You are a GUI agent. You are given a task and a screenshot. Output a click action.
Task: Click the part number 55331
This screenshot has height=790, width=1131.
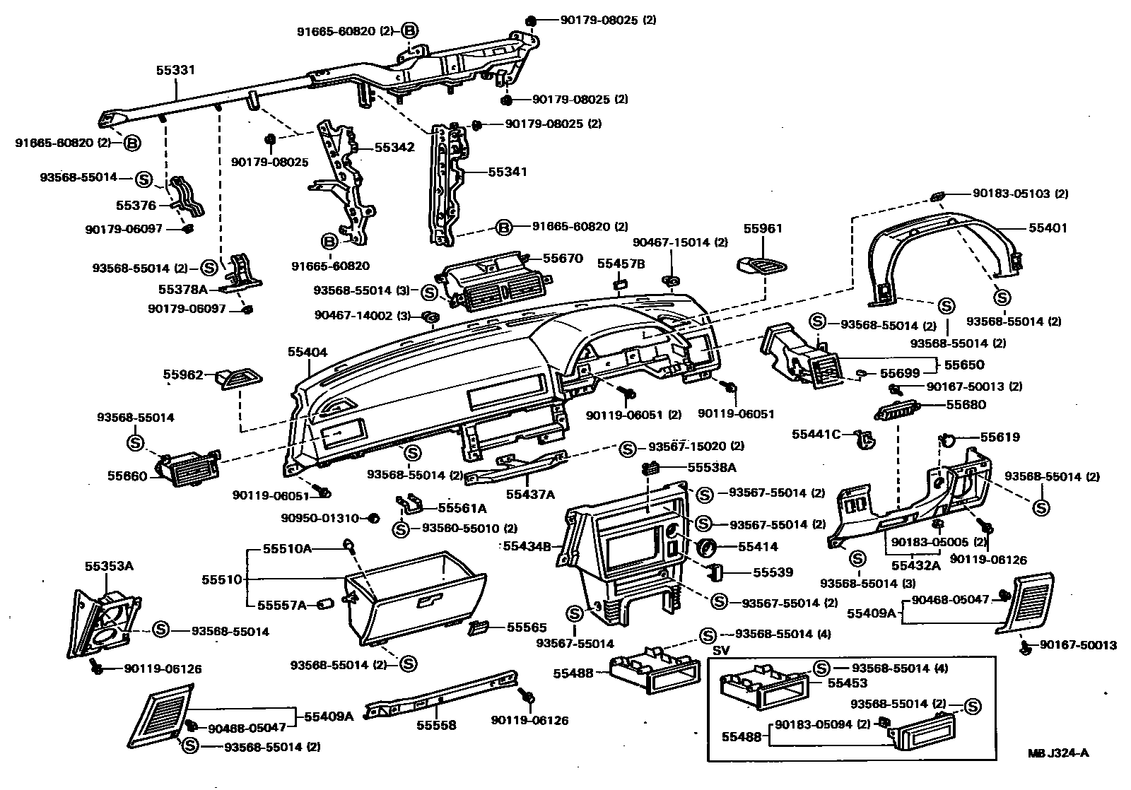[x=175, y=71]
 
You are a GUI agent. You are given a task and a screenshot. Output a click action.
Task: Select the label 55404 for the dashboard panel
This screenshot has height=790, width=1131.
[x=307, y=352]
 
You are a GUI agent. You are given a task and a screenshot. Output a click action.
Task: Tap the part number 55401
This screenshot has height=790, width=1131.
[x=1048, y=228]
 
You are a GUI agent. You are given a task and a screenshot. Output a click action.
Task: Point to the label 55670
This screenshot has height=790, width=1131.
[x=563, y=259]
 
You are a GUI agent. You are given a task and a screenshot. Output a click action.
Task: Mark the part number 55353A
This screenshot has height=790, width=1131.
[x=109, y=566]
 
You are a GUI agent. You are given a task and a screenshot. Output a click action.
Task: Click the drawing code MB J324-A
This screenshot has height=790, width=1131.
[x=1058, y=753]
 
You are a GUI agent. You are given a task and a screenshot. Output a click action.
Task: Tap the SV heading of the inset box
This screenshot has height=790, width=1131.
[x=720, y=650]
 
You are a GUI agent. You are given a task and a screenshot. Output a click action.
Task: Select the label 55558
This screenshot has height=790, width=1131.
[x=436, y=725]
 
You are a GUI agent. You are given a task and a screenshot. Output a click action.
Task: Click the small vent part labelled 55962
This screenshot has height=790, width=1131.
[x=236, y=379]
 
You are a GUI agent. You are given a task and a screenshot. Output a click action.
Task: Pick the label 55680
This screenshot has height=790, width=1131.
[x=966, y=405]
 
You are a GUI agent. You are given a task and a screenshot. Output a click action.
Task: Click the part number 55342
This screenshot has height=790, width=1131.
[x=394, y=148]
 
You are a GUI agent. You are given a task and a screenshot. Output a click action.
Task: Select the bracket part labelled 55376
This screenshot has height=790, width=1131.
[x=186, y=197]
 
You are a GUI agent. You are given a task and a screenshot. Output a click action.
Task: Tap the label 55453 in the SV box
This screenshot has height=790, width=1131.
[x=848, y=683]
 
